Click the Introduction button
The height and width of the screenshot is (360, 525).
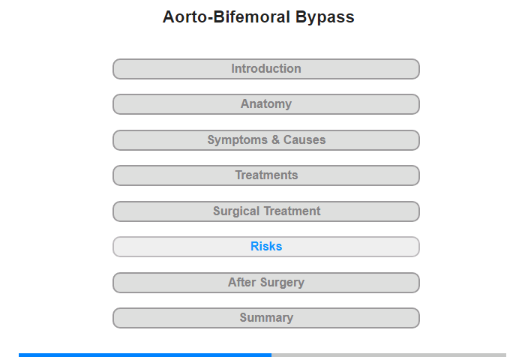click(x=266, y=69)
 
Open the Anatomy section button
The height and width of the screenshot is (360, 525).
click(x=266, y=104)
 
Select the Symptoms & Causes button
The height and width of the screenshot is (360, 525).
click(x=266, y=140)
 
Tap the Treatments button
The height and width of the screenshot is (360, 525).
click(x=266, y=175)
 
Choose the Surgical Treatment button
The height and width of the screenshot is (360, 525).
click(x=266, y=211)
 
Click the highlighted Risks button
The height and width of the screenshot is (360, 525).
click(x=266, y=247)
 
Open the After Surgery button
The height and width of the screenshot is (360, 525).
click(x=266, y=283)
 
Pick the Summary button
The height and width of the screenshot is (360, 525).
click(x=266, y=318)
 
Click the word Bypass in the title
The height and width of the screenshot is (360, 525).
click(x=325, y=18)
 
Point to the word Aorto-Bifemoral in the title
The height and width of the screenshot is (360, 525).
click(x=226, y=16)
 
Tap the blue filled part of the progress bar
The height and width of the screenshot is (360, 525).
click(x=145, y=355)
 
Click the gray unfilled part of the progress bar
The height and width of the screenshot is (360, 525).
click(x=388, y=355)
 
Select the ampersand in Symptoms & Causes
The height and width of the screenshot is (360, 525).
click(x=275, y=139)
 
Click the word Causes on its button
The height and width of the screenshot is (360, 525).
click(x=304, y=139)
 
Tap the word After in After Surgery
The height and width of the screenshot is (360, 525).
click(x=242, y=282)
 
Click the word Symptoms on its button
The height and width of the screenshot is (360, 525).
click(x=238, y=140)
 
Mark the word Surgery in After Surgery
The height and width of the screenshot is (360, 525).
click(x=282, y=283)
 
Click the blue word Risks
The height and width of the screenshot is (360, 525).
click(x=266, y=247)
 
